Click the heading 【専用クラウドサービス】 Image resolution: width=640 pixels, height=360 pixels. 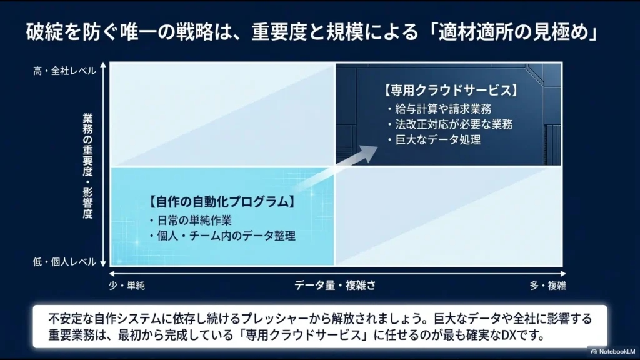(x=451, y=91)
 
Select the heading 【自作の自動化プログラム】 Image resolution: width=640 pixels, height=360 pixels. (x=221, y=202)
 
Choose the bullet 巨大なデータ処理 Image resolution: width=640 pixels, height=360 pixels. (x=437, y=139)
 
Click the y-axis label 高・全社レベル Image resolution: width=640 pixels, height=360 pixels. (x=64, y=71)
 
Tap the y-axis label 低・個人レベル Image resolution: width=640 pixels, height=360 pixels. (x=64, y=262)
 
